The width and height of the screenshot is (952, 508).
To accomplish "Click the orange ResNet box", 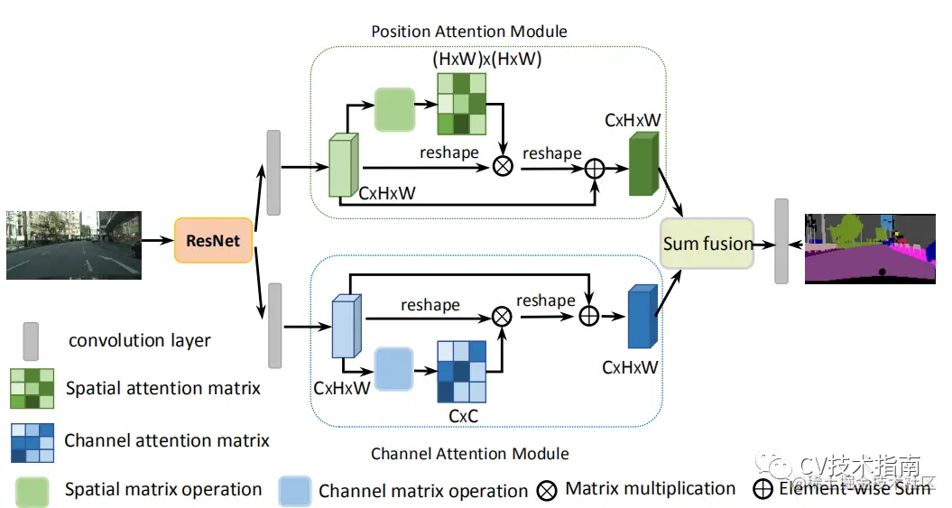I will (213, 240).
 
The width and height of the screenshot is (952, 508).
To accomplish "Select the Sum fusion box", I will (707, 244).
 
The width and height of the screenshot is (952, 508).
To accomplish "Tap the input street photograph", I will (74, 245).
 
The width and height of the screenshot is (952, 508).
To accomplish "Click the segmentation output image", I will (869, 248).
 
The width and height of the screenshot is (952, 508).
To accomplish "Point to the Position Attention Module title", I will (469, 32).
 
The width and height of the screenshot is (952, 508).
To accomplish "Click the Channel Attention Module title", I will (470, 453).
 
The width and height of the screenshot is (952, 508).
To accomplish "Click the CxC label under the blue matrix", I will (463, 416).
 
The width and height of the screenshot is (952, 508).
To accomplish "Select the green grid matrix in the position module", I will (461, 104).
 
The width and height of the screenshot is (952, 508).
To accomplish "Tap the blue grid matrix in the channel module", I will (460, 371).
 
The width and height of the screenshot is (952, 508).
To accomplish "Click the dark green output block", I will (644, 163).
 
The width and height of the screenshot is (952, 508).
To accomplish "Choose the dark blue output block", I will (642, 316).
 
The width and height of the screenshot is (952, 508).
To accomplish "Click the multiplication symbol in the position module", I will (504, 166).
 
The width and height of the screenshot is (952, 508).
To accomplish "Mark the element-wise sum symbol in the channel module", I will (588, 316).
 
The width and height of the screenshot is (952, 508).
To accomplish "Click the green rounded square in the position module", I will (394, 110).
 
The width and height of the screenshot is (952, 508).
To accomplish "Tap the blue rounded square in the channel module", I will (393, 368).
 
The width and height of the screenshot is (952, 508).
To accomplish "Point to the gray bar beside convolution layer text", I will (31, 340).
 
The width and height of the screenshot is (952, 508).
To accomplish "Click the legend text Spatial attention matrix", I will (162, 389).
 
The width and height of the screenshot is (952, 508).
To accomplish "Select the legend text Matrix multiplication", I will (650, 489).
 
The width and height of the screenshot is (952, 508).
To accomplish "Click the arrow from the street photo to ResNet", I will (158, 240).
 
